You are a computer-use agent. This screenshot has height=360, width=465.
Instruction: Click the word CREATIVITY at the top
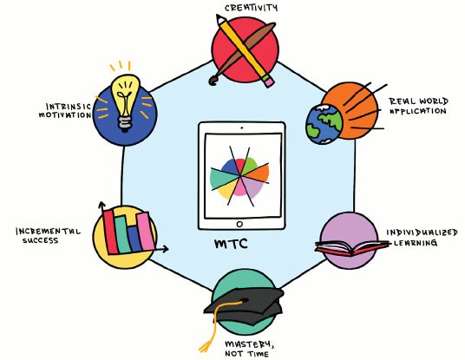(x=251, y=8)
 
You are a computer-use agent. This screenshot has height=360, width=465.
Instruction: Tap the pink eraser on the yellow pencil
(x=269, y=81)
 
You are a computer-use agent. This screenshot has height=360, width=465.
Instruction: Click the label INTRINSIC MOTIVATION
(x=65, y=111)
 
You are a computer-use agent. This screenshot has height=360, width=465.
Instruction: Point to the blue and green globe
(x=324, y=125)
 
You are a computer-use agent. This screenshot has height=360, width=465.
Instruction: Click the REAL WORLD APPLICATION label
(x=419, y=106)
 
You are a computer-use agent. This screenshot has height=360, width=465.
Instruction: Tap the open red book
(x=352, y=247)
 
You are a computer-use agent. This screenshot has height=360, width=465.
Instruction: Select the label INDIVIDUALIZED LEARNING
(x=422, y=237)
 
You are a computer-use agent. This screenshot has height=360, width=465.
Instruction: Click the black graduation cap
(x=244, y=306)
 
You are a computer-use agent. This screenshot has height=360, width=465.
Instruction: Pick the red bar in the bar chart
(x=110, y=232)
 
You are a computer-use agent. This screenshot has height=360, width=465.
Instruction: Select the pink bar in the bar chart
(x=146, y=232)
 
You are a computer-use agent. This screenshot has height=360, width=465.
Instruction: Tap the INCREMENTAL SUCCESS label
(x=48, y=235)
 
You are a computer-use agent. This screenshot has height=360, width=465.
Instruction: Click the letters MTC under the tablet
(x=231, y=244)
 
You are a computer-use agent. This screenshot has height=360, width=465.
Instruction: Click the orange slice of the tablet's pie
(x=257, y=173)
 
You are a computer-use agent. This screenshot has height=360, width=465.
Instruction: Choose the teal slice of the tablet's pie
(x=222, y=178)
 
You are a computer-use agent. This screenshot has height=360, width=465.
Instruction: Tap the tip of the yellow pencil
(x=219, y=16)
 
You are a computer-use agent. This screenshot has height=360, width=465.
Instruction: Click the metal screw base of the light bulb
(x=125, y=124)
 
